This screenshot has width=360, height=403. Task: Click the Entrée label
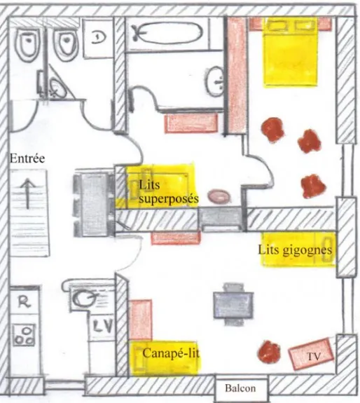pyautogui.click(x=27, y=158)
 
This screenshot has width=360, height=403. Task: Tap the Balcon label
pyautogui.click(x=240, y=388)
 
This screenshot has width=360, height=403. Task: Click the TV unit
pyautogui.click(x=311, y=354)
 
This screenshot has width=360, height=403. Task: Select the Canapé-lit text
pyautogui.click(x=171, y=353)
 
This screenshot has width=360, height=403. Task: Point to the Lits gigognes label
pyautogui.click(x=295, y=250)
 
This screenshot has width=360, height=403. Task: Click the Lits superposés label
pyautogui.click(x=169, y=192)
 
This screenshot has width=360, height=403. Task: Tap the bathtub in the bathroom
pyautogui.click(x=167, y=34)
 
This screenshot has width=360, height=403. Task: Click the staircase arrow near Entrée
pyautogui.click(x=27, y=193)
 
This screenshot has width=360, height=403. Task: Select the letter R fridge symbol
pyautogui.click(x=24, y=301)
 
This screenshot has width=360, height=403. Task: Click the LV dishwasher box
pyautogui.click(x=102, y=327)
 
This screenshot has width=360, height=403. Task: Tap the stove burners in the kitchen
pyautogui.click(x=24, y=335)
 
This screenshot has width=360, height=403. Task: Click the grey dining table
pyautogui.click(x=233, y=305)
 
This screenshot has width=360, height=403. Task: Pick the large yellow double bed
pyautogui.click(x=290, y=53)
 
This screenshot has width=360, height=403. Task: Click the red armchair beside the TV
pyautogui.click(x=269, y=352)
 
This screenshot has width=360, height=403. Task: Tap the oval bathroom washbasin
pyautogui.click(x=215, y=81)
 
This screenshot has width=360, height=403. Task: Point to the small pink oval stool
pyautogui.click(x=219, y=197)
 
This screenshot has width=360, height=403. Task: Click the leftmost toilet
pyautogui.click(x=28, y=44)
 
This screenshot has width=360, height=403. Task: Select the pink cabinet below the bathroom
pyautogui.click(x=191, y=123)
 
